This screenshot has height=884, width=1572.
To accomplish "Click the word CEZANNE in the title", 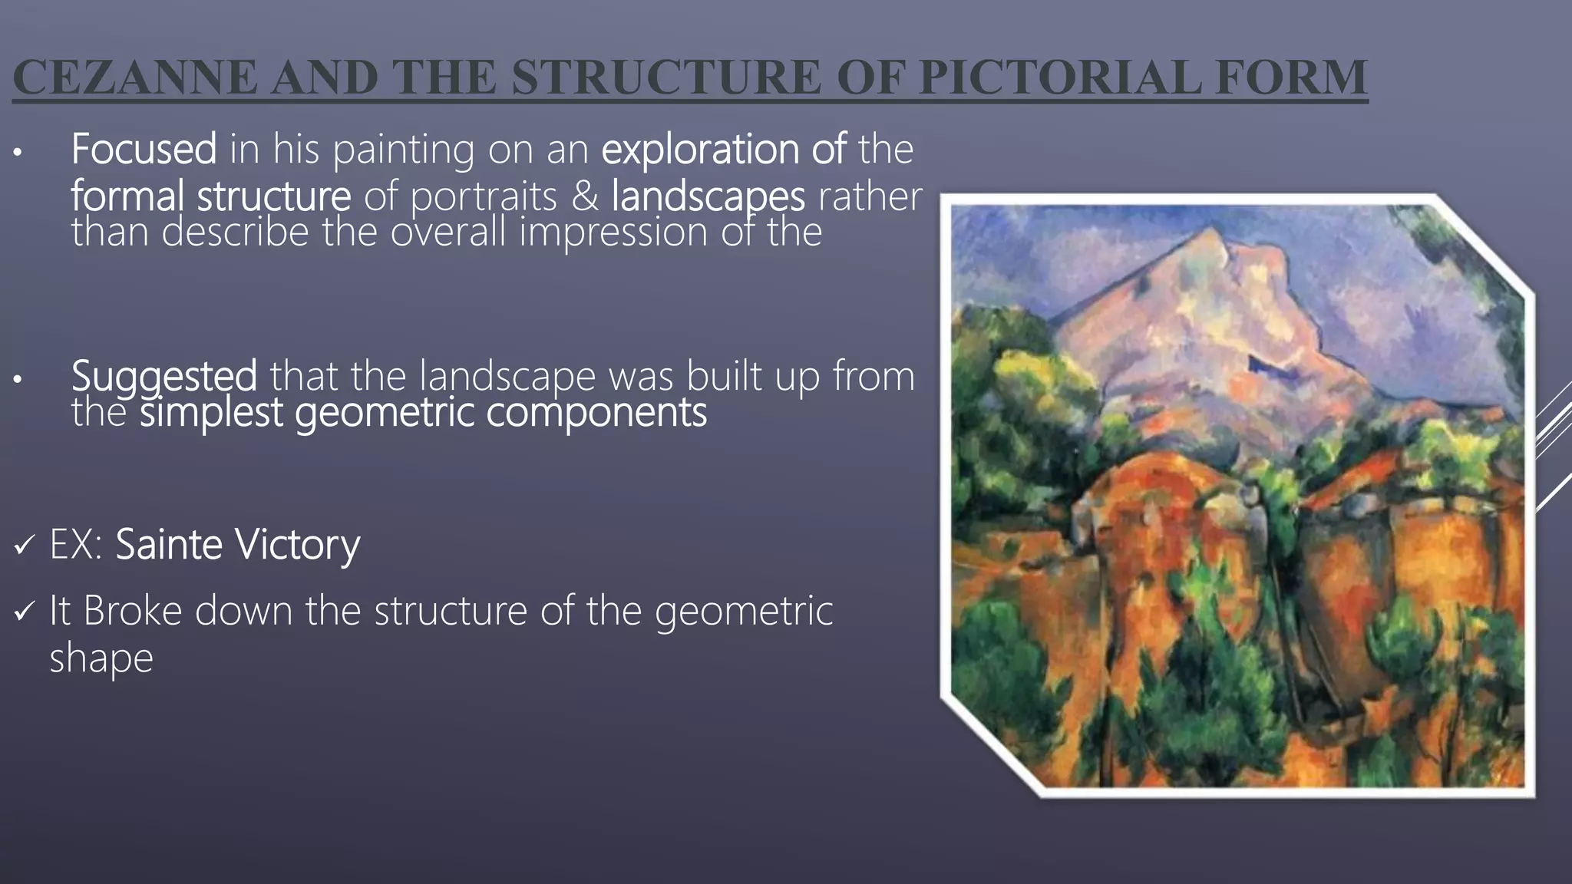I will coord(135,78).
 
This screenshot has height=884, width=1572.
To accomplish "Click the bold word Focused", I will coord(144,149).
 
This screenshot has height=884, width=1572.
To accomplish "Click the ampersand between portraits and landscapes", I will coord(584,196).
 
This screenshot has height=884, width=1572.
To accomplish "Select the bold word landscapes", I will coord(708,196).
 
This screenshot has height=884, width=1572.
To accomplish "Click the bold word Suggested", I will coord(163,376).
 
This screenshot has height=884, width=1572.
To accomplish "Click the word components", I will coord(596,412).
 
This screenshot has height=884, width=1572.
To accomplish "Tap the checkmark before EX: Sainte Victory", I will coord(25,546).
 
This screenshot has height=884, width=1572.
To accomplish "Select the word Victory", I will coord(297,545).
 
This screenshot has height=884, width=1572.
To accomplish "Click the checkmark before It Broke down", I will coord(25,612).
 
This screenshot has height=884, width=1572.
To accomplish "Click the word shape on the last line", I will coord(101,658).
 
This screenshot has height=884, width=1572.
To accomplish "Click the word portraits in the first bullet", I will coord(484,196).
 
